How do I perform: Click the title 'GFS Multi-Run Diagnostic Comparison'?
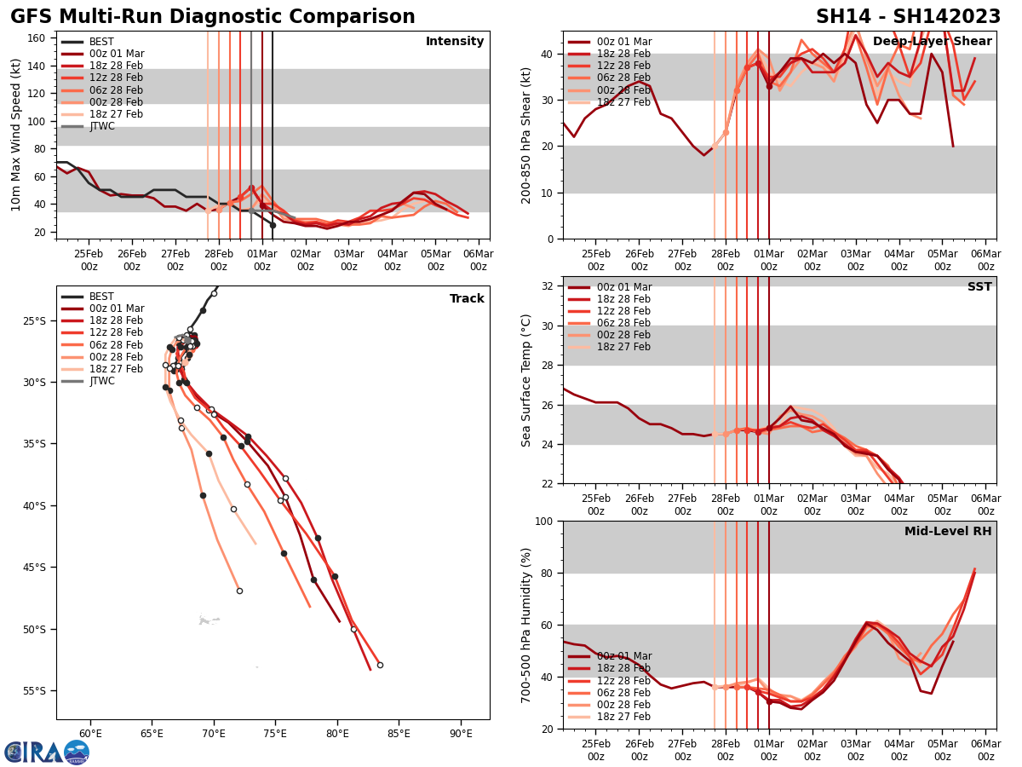tap(213, 17)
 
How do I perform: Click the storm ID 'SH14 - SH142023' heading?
tap(908, 17)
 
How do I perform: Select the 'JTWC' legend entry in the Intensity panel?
tap(101, 126)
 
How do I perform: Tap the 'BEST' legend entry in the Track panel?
tap(101, 297)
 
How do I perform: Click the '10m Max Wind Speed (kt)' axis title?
tap(16, 135)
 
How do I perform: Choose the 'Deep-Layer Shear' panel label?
tap(932, 42)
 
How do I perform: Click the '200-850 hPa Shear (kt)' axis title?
tap(527, 135)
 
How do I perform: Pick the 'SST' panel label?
tap(979, 287)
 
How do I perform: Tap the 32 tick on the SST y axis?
tap(548, 286)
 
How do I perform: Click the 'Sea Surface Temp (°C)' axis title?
tap(527, 380)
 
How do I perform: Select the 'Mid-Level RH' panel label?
tap(948, 532)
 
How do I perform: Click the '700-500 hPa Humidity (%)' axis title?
tap(527, 625)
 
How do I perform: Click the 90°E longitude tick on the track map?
tap(461, 733)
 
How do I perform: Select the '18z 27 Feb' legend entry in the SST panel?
tap(623, 347)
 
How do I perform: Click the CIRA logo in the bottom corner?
tap(46, 752)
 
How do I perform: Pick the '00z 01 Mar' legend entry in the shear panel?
tap(623, 42)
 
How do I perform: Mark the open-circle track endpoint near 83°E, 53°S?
tap(380, 665)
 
